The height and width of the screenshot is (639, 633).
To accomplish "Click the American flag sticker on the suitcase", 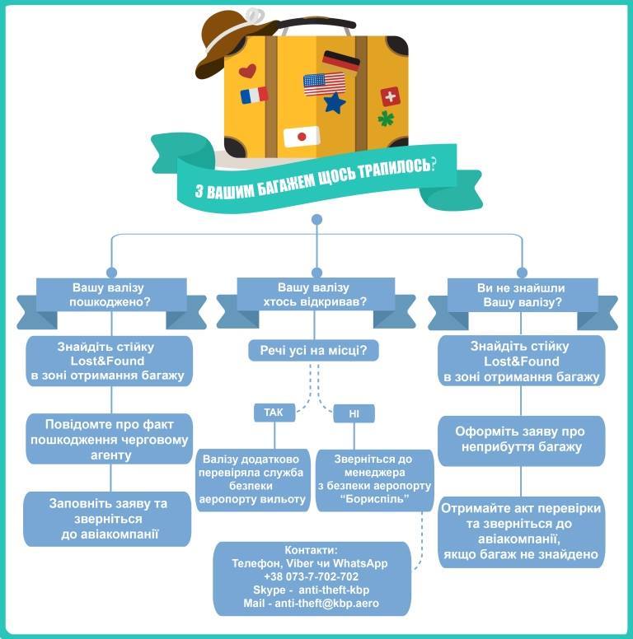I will (x=324, y=83).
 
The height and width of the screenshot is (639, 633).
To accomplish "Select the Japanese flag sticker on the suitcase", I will (x=301, y=136).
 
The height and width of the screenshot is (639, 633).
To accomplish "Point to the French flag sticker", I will (x=255, y=96).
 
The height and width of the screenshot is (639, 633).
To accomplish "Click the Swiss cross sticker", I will (x=389, y=96).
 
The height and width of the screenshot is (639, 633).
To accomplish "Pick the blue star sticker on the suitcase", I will (x=334, y=104).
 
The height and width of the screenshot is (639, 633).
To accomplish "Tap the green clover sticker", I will (x=385, y=119).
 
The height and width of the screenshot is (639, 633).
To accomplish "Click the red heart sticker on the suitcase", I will (x=247, y=71).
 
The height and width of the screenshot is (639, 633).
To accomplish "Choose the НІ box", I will (x=354, y=414).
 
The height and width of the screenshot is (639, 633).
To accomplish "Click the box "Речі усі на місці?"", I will (x=313, y=352).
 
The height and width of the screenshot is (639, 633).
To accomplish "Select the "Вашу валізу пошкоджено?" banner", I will (x=110, y=295).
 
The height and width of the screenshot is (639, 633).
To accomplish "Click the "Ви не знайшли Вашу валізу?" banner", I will (x=521, y=295).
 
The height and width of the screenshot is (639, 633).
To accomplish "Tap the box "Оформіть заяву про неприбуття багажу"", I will (x=520, y=440).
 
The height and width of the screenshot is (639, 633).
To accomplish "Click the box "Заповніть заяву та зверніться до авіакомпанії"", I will (x=108, y=519).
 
